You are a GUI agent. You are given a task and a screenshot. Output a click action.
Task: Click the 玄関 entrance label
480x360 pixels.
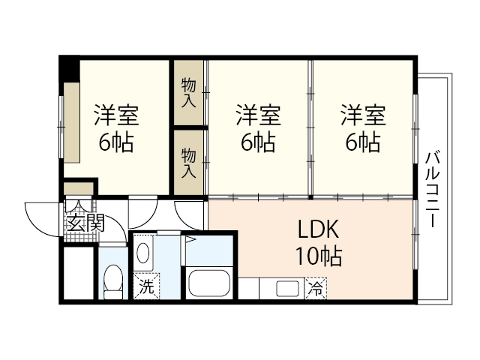coord(84,223)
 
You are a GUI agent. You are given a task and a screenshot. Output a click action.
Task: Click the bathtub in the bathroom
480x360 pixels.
coord(210,283)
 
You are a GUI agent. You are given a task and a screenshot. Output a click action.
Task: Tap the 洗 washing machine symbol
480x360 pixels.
coord(146,286)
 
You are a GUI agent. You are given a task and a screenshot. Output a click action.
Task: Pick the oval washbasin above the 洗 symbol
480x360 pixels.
coord(145,253)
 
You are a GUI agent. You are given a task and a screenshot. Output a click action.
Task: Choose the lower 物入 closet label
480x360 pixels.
coord(188,162)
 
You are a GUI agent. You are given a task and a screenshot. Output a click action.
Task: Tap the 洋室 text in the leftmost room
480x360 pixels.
coord(115,116)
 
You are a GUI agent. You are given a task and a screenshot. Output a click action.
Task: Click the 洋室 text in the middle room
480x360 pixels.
coord(258,116)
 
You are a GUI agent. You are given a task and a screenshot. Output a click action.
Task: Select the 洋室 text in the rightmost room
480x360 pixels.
coord(363,116)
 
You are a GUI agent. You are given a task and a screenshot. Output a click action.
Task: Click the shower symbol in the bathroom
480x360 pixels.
coord(190,240)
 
